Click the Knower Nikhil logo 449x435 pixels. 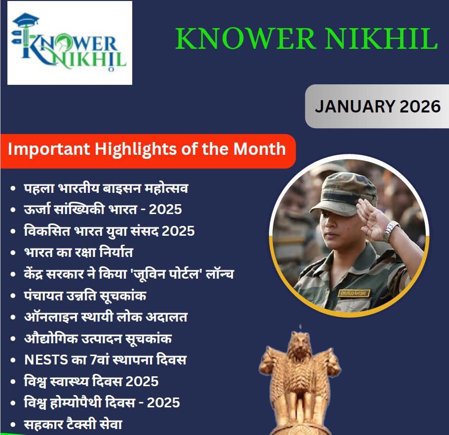coord(70,43)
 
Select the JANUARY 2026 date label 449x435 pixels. coord(377,106)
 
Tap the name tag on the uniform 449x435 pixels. coord(354,292)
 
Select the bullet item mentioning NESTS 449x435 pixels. coord(105,360)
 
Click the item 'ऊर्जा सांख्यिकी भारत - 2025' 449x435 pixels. coord(103,209)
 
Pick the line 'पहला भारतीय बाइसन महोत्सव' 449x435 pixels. coord(106,188)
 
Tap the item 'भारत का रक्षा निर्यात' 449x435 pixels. coord(78,253)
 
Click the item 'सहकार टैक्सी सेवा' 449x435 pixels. coord(73,424)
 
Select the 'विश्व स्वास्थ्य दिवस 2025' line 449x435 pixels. coord(91,381)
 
